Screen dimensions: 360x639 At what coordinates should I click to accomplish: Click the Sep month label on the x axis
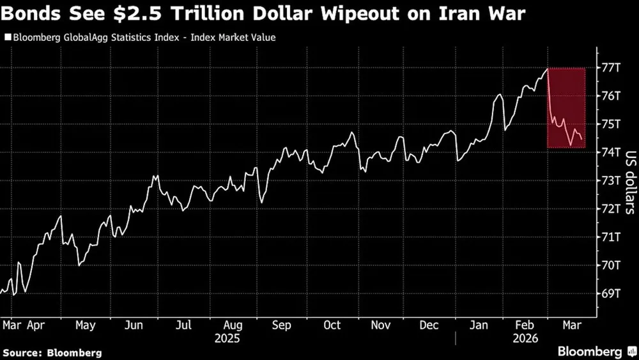tap(282, 325)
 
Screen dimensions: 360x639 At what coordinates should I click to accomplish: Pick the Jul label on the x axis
tap(183, 325)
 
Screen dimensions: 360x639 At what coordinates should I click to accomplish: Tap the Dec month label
tap(429, 325)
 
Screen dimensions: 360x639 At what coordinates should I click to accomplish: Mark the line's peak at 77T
tap(548, 68)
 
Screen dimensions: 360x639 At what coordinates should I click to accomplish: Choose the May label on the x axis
tap(85, 325)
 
